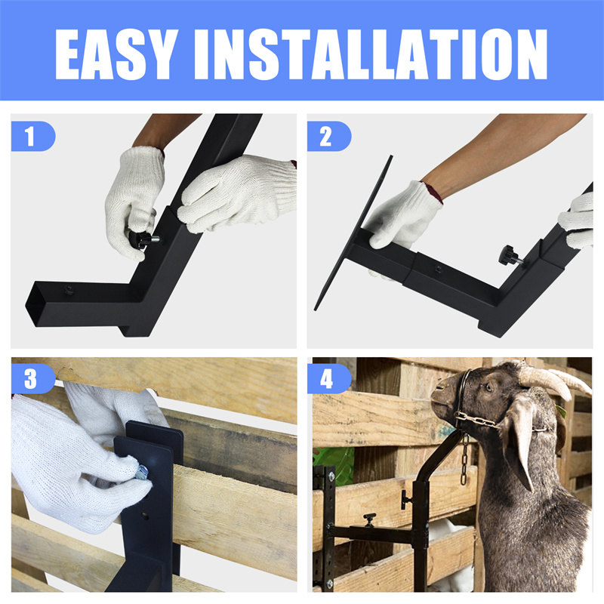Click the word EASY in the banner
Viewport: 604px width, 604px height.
click(116, 54)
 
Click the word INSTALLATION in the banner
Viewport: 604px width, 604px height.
click(371, 54)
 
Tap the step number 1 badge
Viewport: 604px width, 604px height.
click(33, 136)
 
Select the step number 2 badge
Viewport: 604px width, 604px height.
click(329, 136)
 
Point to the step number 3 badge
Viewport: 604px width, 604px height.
click(33, 379)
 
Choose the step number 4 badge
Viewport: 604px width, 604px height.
click(329, 379)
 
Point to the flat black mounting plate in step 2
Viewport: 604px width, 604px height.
click(353, 233)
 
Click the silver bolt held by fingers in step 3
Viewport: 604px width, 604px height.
click(142, 470)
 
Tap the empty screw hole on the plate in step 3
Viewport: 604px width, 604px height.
click(145, 515)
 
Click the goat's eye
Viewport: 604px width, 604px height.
click(488, 387)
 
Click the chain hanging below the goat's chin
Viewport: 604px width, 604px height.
click(464, 458)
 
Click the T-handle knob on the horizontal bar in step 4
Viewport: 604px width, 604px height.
click(369, 519)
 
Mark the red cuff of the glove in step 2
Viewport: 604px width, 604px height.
click(433, 193)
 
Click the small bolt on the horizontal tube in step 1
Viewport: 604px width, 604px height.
click(69, 290)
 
